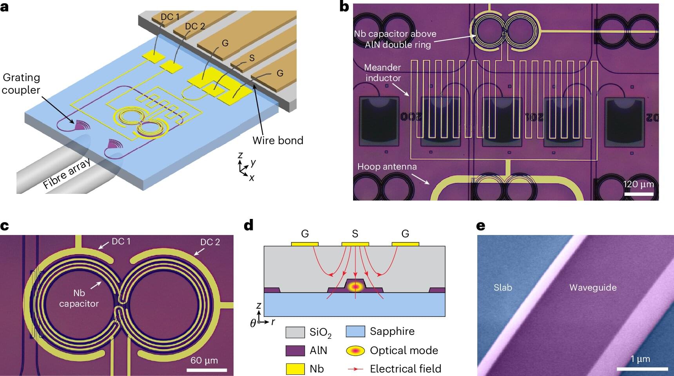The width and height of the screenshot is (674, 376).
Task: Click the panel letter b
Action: tap(344, 7)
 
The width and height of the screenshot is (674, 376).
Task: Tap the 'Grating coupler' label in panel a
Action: tap(21, 84)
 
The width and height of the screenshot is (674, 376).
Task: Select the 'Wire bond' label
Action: tap(277, 141)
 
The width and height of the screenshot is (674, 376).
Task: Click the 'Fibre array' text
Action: tap(67, 173)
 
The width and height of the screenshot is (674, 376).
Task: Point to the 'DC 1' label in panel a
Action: tap(170, 17)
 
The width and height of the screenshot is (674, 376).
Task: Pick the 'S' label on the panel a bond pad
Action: tap(252, 58)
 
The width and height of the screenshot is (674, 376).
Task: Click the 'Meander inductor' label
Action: tap(383, 73)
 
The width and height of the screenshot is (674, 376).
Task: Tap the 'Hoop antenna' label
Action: tap(387, 166)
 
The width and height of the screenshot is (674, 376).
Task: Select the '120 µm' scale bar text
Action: tap(639, 184)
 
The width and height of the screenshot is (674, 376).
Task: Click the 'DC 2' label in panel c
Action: tap(210, 242)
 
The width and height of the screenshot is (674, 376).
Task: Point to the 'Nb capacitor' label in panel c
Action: tap(79, 298)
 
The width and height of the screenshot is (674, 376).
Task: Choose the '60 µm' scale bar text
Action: tap(204, 360)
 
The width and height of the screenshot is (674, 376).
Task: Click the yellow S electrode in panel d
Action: tap(355, 244)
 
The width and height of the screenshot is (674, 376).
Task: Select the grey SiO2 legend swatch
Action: tap(295, 332)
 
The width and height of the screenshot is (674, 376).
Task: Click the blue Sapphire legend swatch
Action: tap(355, 331)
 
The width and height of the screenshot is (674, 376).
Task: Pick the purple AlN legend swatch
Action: tap(295, 351)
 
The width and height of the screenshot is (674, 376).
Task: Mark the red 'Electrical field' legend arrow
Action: tap(355, 369)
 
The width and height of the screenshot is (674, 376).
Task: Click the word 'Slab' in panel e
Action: tap(503, 287)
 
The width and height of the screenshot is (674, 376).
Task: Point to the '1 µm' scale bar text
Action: tap(640, 359)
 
